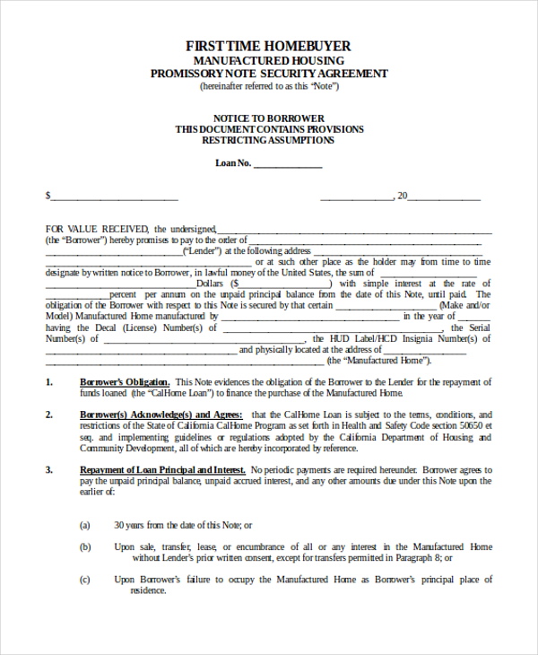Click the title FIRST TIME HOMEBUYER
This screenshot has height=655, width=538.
pyautogui.click(x=268, y=46)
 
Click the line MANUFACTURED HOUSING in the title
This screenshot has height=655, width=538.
pyautogui.click(x=269, y=60)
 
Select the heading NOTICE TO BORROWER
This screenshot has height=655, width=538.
pyautogui.click(x=269, y=118)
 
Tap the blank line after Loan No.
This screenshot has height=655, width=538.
pyautogui.click(x=289, y=165)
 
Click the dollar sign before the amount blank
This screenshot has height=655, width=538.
pyautogui.click(x=48, y=196)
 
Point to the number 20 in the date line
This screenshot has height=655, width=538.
pyautogui.click(x=403, y=196)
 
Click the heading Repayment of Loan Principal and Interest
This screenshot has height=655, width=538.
pyautogui.click(x=163, y=469)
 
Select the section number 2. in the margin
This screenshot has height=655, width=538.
pyautogui.click(x=49, y=415)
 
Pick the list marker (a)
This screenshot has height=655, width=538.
pyautogui.click(x=85, y=525)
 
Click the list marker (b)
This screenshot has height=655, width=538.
pyautogui.click(x=85, y=546)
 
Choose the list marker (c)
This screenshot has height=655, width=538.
pyautogui.click(x=85, y=580)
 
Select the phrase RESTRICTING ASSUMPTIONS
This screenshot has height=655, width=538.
pyautogui.click(x=269, y=140)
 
